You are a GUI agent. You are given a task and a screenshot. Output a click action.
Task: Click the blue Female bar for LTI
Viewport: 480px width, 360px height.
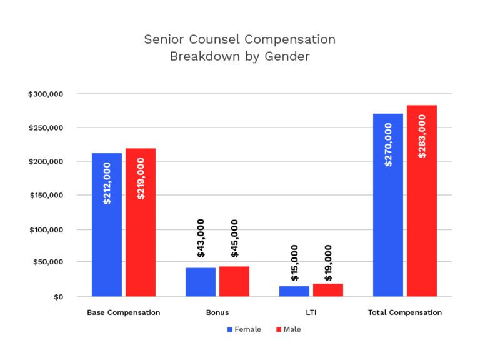coord(294,291)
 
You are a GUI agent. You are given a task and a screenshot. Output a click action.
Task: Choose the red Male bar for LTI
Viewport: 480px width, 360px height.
coord(328,290)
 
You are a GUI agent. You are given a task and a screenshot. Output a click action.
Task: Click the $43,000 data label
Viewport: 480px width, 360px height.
coord(201,238)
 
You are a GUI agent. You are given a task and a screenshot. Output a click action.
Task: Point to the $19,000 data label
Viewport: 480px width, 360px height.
coord(328,262)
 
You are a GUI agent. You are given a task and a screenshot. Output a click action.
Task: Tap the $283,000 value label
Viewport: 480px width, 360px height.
coord(422,136)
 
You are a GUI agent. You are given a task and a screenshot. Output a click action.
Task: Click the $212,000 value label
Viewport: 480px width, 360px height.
coord(107,184)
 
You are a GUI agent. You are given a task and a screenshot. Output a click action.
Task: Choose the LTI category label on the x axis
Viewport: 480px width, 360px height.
coord(311,312)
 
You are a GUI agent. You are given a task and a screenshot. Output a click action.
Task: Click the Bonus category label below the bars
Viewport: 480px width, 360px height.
coord(217,312)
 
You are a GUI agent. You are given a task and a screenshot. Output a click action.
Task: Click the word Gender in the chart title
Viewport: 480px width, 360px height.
coord(286,56)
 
